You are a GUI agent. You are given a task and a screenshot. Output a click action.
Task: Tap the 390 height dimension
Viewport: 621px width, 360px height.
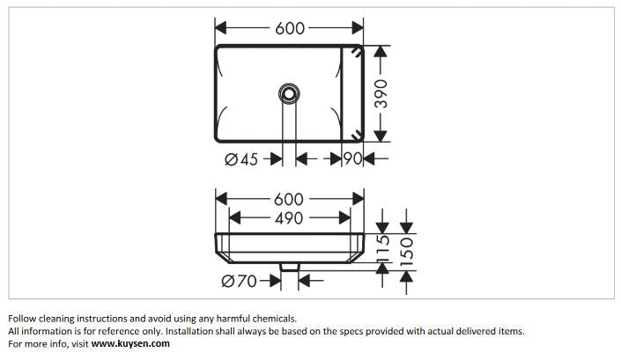click(x=381, y=92)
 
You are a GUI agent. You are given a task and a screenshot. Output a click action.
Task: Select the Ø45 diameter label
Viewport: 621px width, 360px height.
click(x=241, y=158)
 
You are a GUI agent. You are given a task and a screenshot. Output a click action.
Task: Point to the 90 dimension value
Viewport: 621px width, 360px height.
click(x=353, y=158)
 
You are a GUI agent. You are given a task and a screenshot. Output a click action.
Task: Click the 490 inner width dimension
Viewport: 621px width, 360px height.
click(x=288, y=217)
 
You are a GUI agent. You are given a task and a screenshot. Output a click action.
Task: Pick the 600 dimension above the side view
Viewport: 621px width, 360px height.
click(x=288, y=198)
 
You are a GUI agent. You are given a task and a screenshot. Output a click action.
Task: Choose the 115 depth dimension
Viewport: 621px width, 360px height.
click(x=383, y=250)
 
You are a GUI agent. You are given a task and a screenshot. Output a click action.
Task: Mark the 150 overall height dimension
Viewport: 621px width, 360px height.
click(x=405, y=250)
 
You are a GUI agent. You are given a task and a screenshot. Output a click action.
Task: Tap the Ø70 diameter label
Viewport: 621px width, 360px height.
click(x=240, y=281)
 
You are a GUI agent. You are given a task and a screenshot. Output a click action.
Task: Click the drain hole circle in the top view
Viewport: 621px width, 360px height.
click(x=288, y=92)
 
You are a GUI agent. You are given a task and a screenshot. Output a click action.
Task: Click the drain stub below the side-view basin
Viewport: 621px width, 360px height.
click(x=288, y=266)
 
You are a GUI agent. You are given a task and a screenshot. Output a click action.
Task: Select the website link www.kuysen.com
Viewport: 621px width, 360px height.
click(x=130, y=344)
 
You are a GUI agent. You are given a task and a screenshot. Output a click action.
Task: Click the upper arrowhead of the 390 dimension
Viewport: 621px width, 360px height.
click(x=381, y=51)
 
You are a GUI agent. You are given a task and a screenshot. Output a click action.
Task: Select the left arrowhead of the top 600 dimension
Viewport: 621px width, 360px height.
click(x=221, y=28)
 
